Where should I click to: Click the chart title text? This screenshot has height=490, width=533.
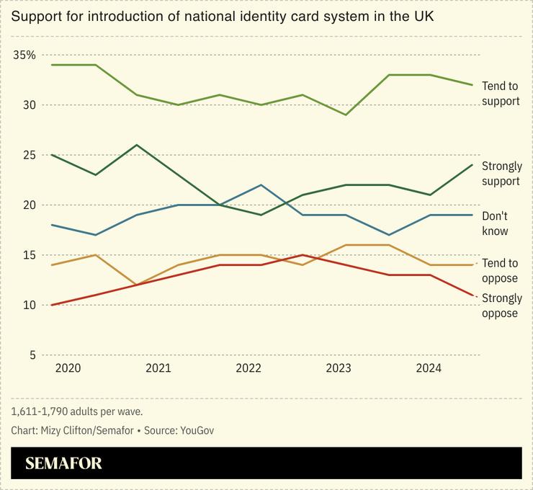222,15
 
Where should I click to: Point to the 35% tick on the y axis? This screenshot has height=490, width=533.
24,55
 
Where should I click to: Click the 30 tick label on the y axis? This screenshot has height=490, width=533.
29,105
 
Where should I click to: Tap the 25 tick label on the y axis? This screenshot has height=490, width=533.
29,155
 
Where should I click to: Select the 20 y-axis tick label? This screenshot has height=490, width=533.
29,205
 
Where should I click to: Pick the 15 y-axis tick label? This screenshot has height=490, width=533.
29,255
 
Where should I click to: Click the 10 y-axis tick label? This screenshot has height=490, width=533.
29,305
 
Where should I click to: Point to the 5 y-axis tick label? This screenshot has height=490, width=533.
32,355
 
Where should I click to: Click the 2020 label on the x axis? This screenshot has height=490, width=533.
68,369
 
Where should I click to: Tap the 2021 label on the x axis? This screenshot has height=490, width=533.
158,369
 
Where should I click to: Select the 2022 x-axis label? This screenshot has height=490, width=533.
248,369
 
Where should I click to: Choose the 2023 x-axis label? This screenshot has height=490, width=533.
339,369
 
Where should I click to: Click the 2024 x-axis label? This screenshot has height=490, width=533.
429,369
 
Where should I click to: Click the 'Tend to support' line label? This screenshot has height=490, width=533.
501,94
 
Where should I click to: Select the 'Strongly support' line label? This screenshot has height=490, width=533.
501,174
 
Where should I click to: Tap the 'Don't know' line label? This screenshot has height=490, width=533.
495,223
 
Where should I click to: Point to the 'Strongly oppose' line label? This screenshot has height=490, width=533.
501,306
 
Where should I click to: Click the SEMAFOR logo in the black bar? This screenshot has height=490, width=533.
63,463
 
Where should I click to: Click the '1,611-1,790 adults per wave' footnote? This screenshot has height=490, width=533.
77,411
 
